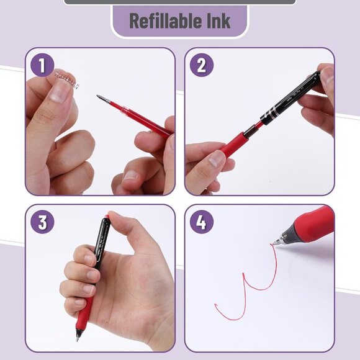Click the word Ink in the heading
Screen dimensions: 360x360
tap(217, 20)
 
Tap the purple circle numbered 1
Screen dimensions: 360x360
tap(42, 65)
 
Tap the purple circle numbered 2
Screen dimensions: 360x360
tap(201, 65)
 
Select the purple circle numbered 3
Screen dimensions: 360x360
tap(42, 222)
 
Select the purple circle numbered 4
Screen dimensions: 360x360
tap(201, 222)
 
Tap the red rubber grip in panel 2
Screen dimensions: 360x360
tap(233, 143)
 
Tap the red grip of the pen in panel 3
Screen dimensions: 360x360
tap(83, 313)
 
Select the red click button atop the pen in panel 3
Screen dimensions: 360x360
tap(106, 217)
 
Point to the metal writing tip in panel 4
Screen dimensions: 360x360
tap(277, 241)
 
